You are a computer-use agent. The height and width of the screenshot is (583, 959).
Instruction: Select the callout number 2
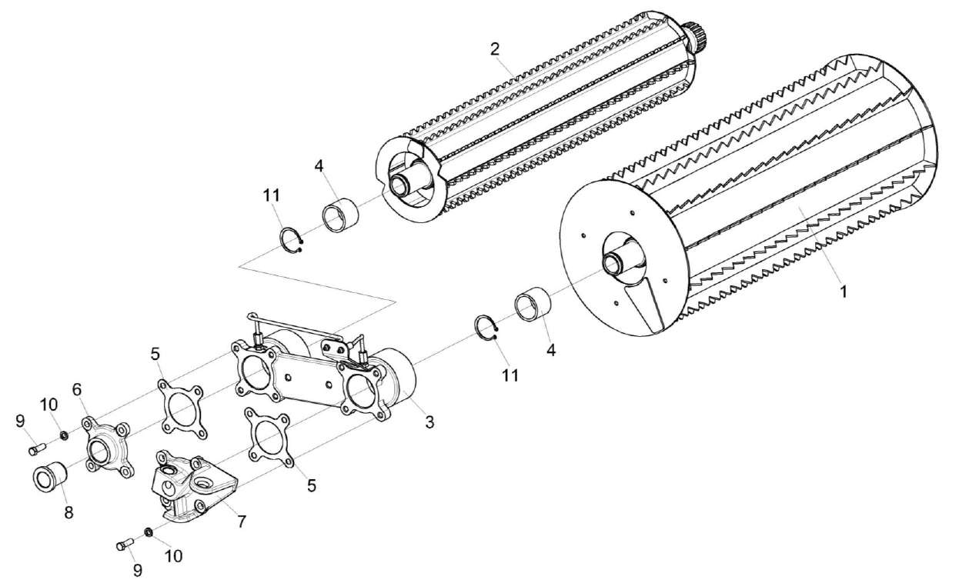(x=495, y=48)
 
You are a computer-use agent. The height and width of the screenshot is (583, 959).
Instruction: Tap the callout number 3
(x=429, y=421)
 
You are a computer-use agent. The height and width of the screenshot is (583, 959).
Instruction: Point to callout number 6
(x=77, y=391)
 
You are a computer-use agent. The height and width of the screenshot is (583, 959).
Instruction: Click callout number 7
(x=241, y=521)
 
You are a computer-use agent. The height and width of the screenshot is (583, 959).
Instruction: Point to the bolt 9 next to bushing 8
(x=35, y=448)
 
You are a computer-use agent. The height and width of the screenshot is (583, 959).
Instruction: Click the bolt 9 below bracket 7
(x=124, y=545)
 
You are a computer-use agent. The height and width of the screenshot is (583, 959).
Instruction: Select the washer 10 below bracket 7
(x=148, y=532)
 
